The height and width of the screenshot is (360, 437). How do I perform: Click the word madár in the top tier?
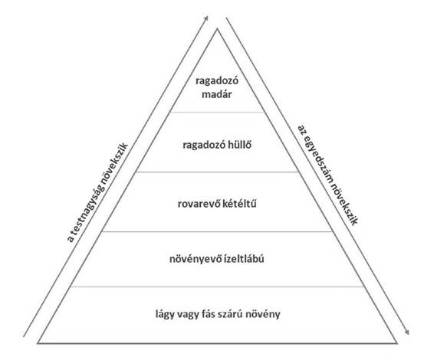(216, 94)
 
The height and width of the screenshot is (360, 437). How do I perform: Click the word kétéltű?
(240, 204)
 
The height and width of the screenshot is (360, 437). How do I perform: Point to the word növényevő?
(195, 260)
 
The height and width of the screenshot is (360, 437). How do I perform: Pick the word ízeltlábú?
(244, 259)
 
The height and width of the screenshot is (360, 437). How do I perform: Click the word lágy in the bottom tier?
(165, 315)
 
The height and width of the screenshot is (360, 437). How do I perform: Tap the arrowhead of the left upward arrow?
(206, 18)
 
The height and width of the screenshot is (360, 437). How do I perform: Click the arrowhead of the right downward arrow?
(407, 332)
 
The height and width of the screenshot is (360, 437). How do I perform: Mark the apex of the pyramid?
(218, 29)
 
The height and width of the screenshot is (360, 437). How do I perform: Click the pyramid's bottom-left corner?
(38, 343)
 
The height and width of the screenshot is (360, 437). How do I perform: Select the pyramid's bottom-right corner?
(396, 343)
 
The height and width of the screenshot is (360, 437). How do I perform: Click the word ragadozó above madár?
(217, 81)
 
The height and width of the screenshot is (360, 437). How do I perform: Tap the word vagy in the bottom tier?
(188, 315)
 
